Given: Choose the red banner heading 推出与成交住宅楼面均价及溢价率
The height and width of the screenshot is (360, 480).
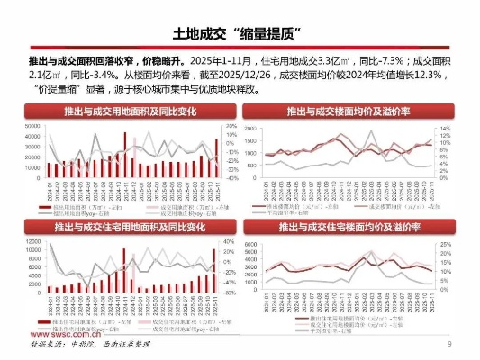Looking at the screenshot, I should (349, 229).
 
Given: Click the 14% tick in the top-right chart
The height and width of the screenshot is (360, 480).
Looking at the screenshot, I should (443, 129).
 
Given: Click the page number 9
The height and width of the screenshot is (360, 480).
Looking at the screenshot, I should (449, 345).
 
